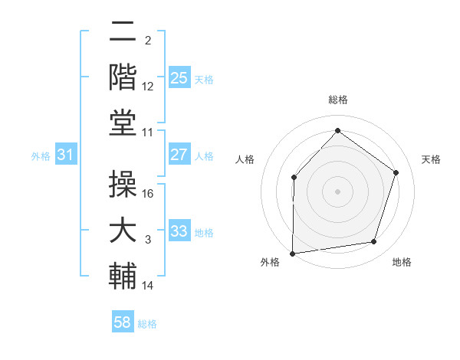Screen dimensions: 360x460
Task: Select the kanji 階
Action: click(123, 77)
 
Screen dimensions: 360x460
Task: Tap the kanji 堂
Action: click(123, 122)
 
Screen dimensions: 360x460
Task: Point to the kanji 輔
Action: click(123, 276)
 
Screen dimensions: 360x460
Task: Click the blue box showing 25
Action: click(179, 78)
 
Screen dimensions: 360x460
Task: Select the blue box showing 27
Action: click(179, 155)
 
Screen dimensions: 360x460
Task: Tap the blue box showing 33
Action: click(179, 231)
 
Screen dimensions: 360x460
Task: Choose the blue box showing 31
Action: click(65, 155)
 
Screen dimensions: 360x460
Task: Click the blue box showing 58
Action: click(123, 322)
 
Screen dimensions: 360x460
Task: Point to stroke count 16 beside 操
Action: click(149, 193)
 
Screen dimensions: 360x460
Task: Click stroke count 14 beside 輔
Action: click(148, 286)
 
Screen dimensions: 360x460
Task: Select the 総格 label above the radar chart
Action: click(337, 100)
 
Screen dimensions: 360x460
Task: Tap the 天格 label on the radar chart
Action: click(432, 159)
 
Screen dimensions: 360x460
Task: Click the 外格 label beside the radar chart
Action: click(270, 262)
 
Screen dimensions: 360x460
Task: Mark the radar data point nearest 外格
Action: click(293, 253)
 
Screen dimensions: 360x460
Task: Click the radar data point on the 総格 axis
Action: click(337, 129)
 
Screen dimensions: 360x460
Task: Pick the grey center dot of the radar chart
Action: click(337, 191)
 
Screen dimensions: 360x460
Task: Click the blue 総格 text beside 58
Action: click(147, 324)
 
